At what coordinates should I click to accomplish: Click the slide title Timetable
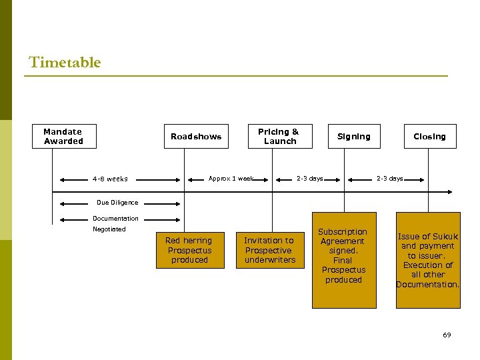coord(65,63)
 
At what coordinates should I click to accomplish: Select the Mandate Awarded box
coord(63,136)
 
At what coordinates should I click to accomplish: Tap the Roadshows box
coord(196,136)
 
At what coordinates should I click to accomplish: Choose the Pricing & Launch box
coord(279,136)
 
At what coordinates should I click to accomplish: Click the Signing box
coord(353,136)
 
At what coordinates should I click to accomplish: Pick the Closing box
coord(429,136)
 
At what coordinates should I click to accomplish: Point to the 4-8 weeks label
coord(110,179)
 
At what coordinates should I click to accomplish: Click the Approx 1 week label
coord(231,179)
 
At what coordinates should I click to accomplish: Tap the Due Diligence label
coord(117,203)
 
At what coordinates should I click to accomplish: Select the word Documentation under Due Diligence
coord(115,219)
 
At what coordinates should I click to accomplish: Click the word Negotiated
coord(109,229)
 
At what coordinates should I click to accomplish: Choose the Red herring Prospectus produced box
coord(189,250)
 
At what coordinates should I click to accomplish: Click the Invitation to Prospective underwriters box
coord(269,250)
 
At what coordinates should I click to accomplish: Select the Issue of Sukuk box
coord(428,260)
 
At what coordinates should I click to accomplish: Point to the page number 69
coord(447,335)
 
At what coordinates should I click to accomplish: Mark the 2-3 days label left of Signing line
coord(309,179)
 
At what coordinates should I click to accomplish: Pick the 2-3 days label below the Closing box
coord(389,179)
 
